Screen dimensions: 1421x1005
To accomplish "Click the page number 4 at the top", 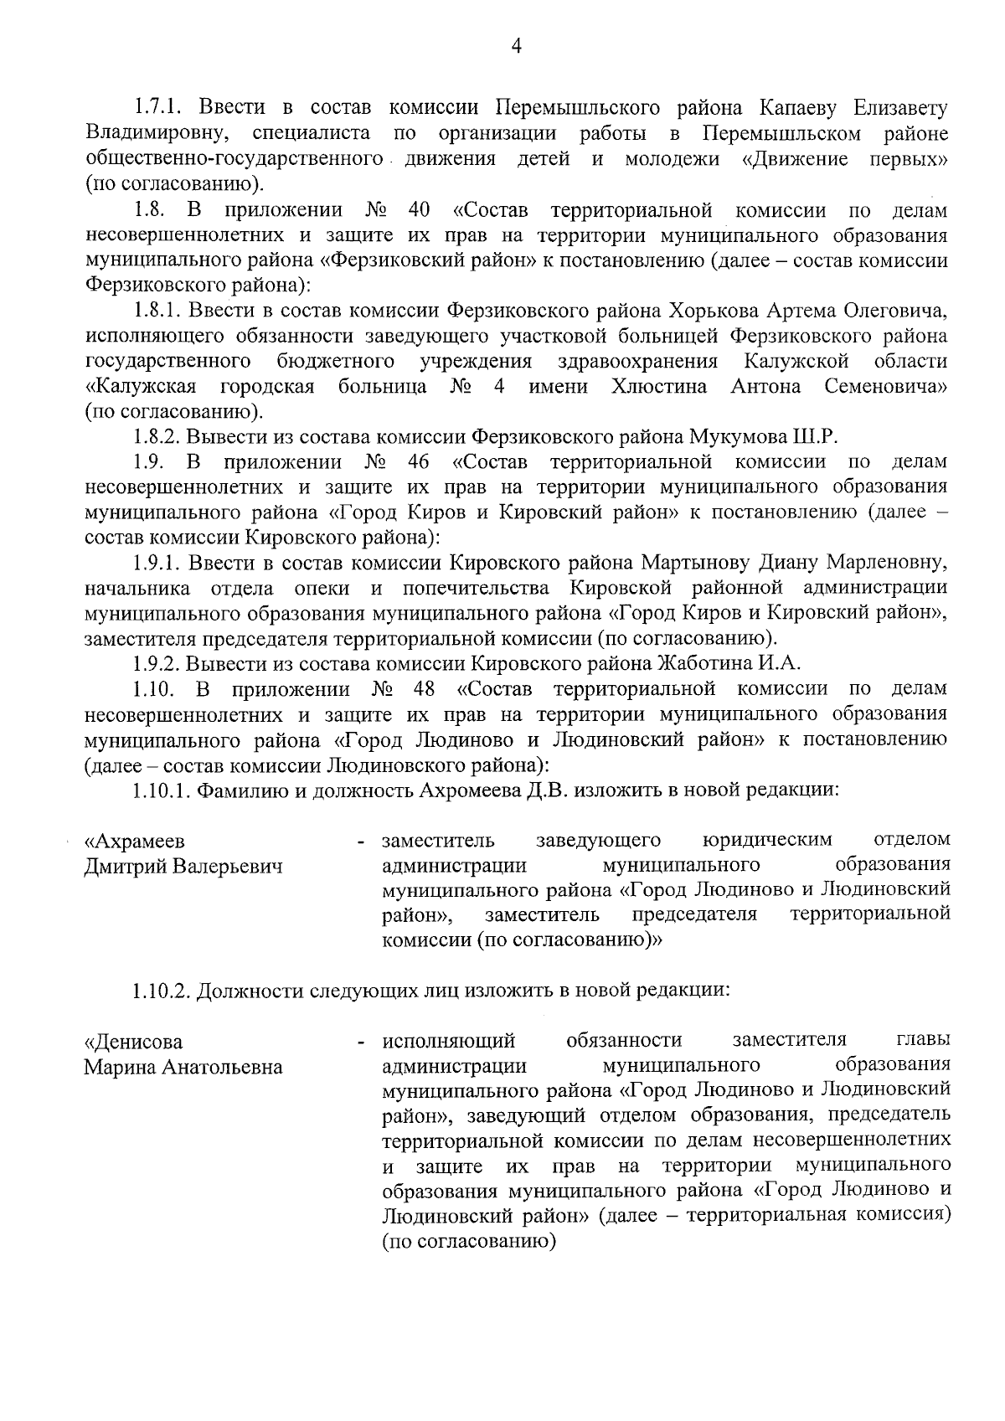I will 516,48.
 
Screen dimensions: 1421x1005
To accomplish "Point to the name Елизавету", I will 900,108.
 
